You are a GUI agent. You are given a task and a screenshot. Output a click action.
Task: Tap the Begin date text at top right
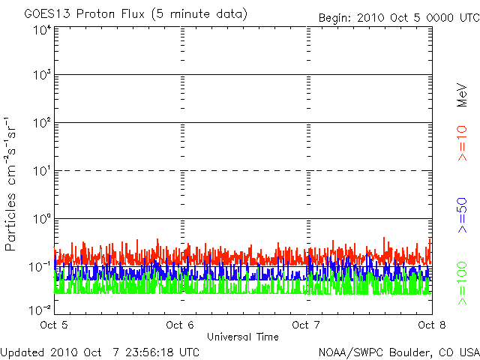tap(399, 18)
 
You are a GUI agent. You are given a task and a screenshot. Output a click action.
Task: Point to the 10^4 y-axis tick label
tap(43, 30)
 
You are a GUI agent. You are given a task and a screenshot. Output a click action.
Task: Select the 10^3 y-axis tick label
tap(43, 74)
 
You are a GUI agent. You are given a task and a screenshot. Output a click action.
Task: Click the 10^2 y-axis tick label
tap(43, 123)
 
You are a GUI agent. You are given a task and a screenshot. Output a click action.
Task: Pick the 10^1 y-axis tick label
tap(43, 171)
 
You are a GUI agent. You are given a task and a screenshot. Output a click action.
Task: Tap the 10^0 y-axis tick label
tap(43, 219)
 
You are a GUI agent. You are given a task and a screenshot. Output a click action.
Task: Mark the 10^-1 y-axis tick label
tap(40, 267)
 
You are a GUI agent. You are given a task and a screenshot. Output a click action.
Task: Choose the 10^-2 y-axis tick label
tap(40, 310)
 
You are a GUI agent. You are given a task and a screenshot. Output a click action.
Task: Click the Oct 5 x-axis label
tap(54, 325)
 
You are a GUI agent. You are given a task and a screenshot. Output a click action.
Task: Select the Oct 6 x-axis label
tap(180, 325)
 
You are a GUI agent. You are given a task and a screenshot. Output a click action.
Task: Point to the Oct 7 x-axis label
tap(306, 325)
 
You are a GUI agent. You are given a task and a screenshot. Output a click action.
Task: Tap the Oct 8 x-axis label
tap(432, 325)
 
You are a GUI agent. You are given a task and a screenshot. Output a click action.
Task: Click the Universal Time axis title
tap(243, 337)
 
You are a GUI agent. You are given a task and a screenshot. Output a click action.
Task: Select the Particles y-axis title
tap(10, 184)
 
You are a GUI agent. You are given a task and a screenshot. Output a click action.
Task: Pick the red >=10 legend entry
tap(462, 143)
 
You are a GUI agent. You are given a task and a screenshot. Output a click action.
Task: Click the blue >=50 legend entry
tap(462, 215)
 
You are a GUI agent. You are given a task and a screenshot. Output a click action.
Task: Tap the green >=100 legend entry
tap(462, 283)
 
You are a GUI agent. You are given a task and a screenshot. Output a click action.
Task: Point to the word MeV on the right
tap(462, 95)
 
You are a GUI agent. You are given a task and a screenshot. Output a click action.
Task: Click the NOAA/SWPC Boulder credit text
tap(399, 352)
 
